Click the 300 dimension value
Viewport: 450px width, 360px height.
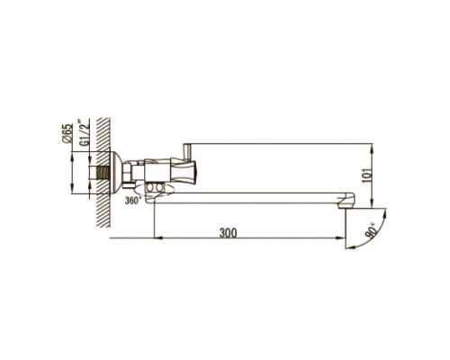[228, 233]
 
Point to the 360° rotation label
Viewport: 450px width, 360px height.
[132, 200]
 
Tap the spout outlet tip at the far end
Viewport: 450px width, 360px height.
[346, 202]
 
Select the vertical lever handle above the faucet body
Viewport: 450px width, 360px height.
[188, 153]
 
